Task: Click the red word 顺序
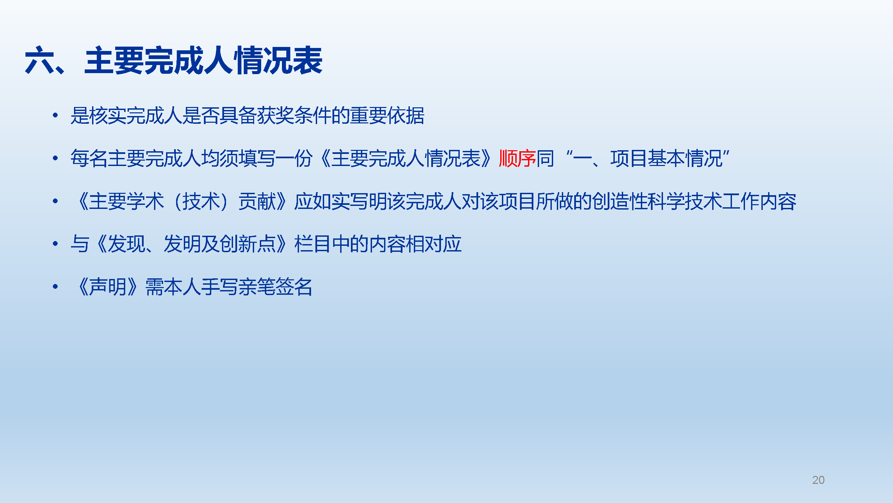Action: coord(517,159)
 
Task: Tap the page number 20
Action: coord(818,480)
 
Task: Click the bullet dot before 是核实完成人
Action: coord(55,115)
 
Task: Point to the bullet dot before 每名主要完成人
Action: coord(55,158)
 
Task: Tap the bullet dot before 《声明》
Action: coord(55,287)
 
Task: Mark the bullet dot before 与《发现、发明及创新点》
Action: coord(55,244)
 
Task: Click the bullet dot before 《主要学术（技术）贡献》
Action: coord(55,201)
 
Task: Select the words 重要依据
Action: coord(387,116)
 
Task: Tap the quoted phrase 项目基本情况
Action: coord(666,159)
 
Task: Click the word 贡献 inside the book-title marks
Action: coord(257,201)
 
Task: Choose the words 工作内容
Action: coord(759,201)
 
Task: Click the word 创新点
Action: coord(247,244)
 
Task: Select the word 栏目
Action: coord(313,244)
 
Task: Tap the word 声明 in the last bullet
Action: coord(108,287)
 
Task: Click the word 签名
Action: coord(294,287)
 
